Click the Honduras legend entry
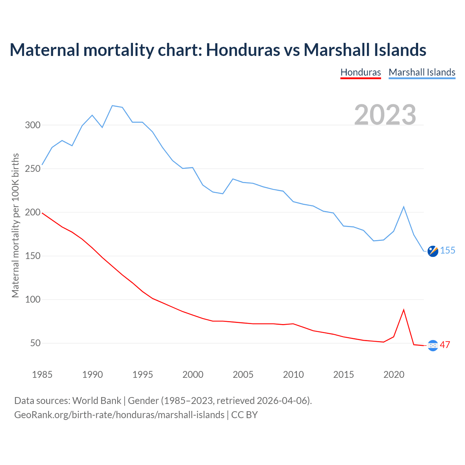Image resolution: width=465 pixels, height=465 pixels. click(360, 72)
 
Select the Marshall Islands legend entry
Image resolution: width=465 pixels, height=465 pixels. click(422, 72)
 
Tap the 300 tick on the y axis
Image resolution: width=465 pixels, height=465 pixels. click(33, 125)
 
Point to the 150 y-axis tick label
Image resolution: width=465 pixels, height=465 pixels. click(33, 256)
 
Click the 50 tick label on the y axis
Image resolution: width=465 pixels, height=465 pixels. click(35, 343)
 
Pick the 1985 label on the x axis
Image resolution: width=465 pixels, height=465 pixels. click(42, 375)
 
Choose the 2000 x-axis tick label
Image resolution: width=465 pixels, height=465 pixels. click(193, 375)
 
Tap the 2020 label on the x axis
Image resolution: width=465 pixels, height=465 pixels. click(394, 375)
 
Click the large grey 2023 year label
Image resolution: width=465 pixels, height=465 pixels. click(385, 115)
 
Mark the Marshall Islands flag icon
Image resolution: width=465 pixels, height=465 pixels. click(433, 251)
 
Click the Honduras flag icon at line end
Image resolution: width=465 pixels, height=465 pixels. click(433, 345)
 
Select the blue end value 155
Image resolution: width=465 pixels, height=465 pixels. click(448, 251)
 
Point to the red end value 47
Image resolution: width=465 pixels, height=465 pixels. click(445, 345)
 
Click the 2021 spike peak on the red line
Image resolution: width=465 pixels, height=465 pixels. click(404, 310)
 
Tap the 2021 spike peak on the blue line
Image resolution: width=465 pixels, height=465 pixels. click(404, 207)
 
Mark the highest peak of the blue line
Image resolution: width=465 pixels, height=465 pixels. click(112, 106)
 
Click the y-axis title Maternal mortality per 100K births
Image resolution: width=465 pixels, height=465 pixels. click(15, 225)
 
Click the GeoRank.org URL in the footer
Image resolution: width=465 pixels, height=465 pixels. click(119, 415)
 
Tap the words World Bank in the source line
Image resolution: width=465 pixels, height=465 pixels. click(97, 401)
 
